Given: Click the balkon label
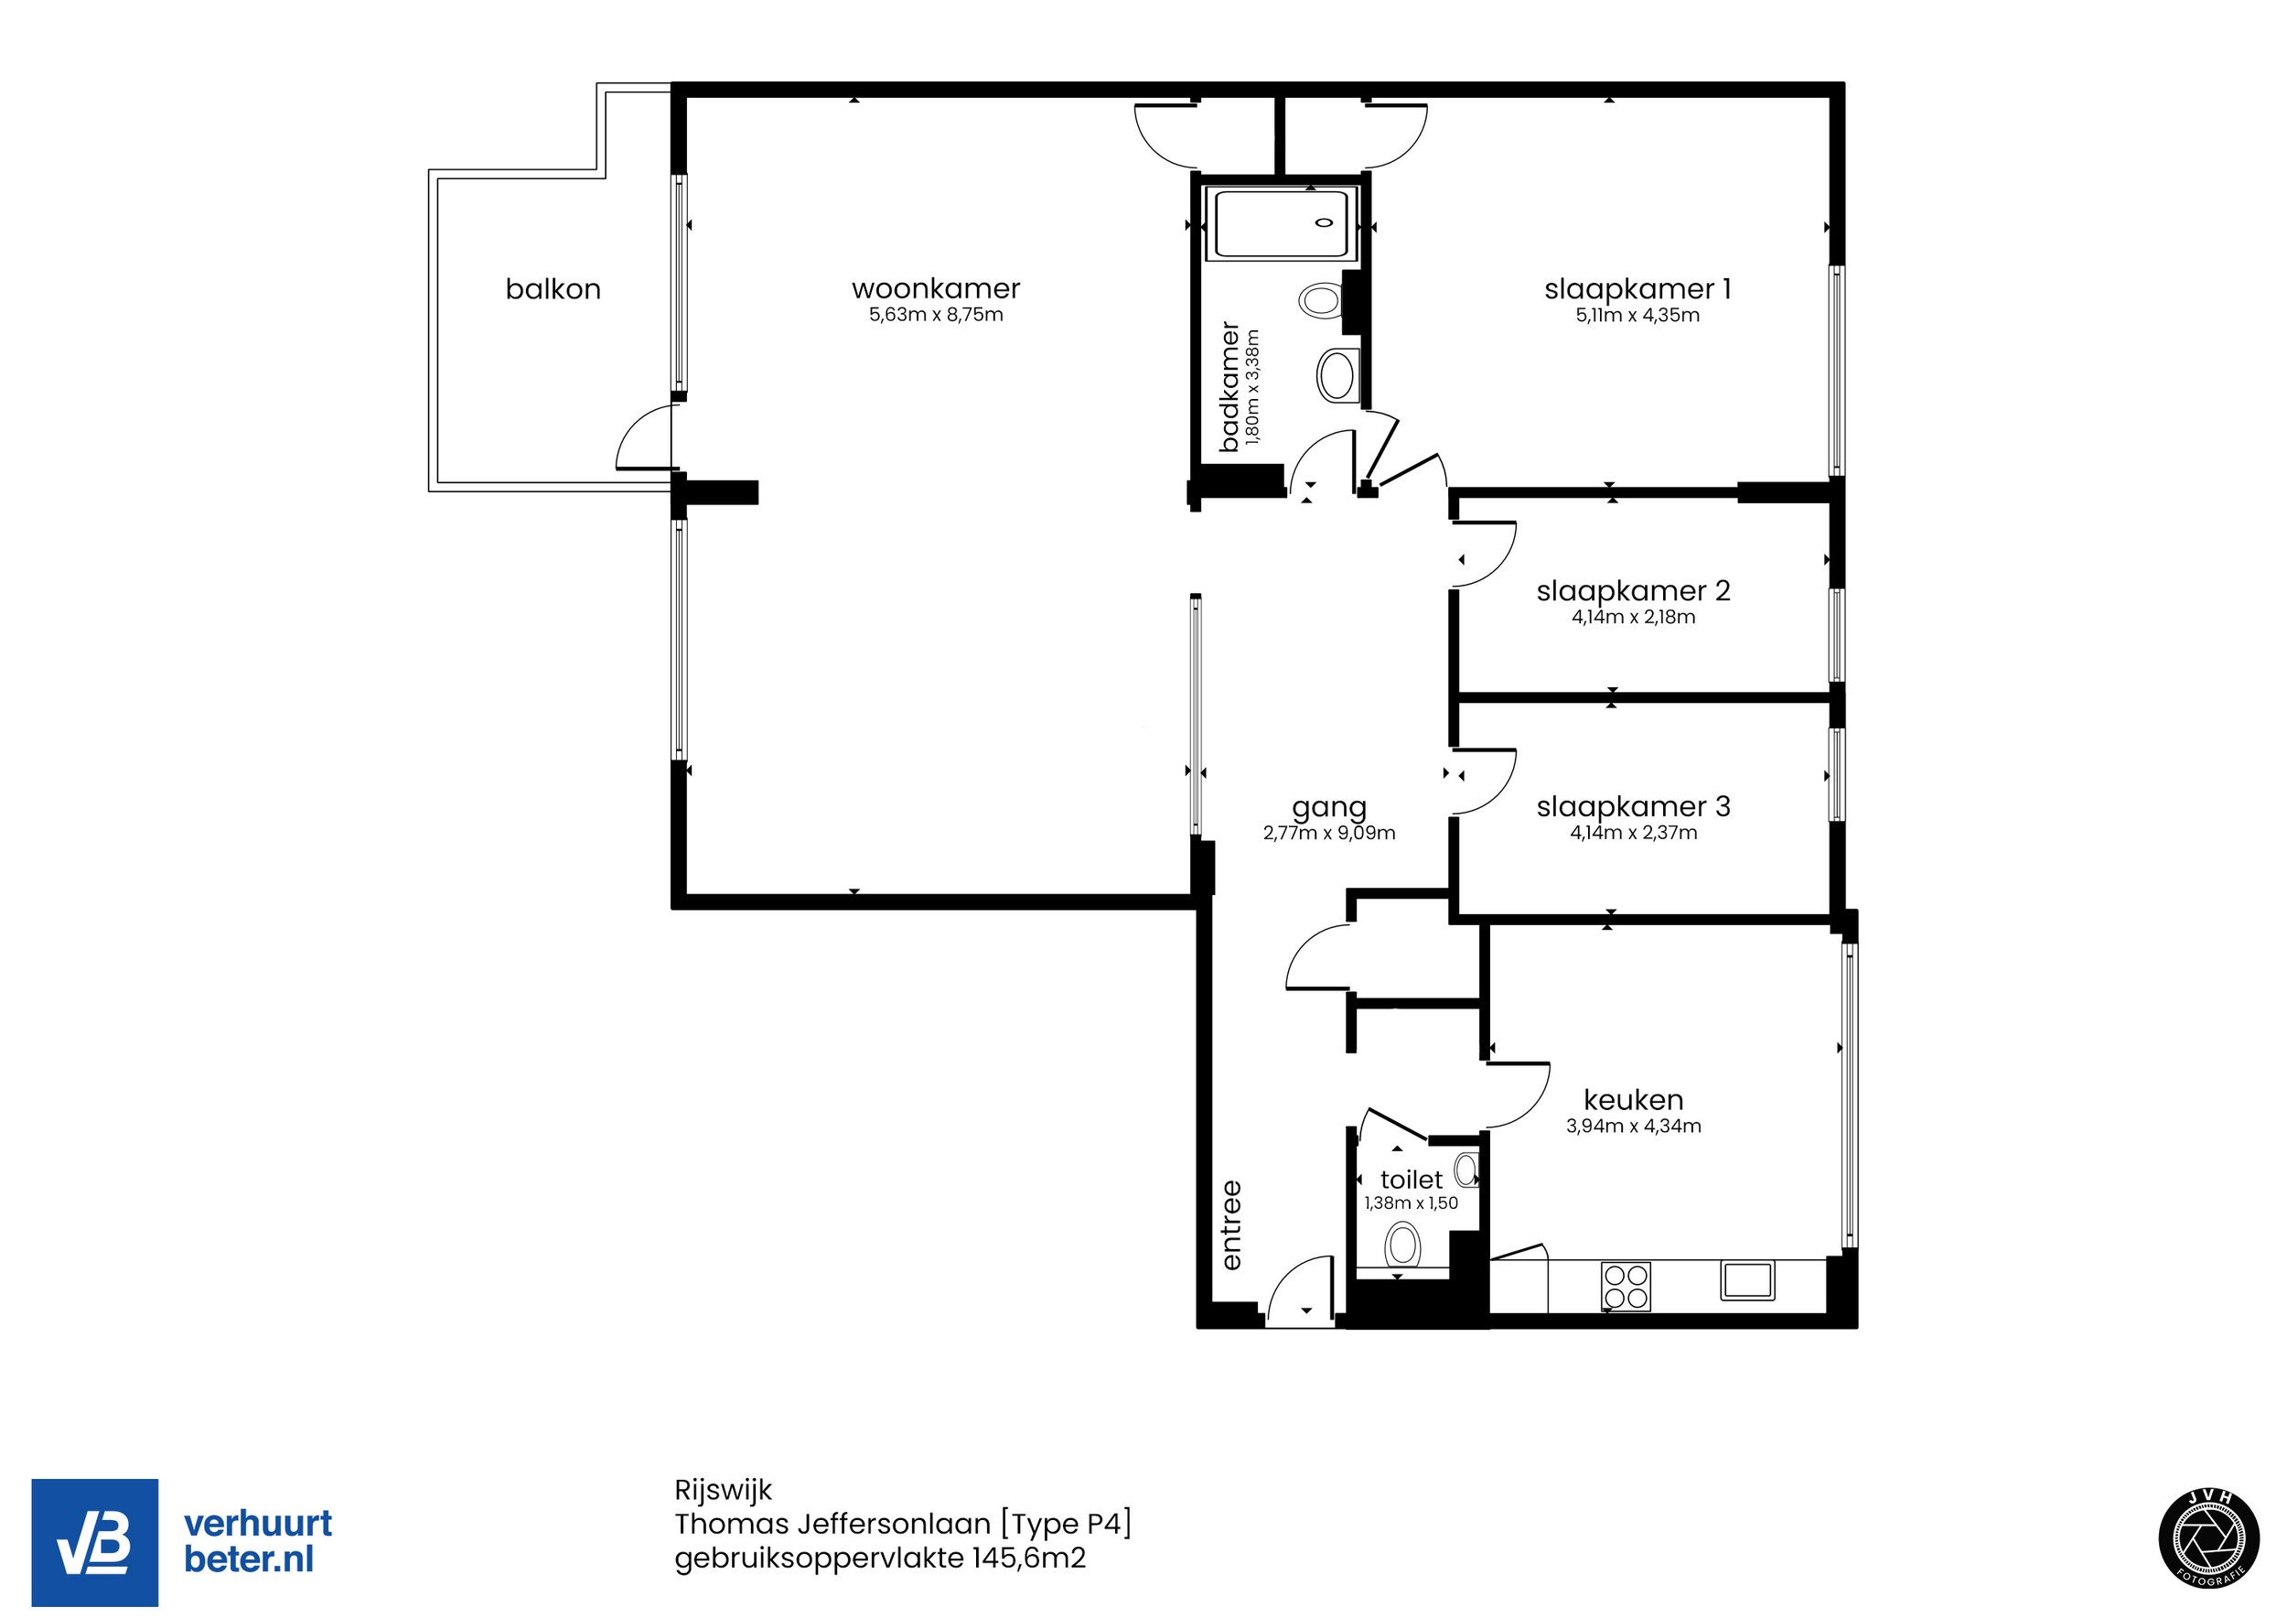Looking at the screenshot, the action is pyautogui.click(x=553, y=289).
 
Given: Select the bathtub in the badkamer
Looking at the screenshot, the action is pyautogui.click(x=1286, y=224).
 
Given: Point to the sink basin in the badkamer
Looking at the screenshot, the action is pyautogui.click(x=1337, y=375).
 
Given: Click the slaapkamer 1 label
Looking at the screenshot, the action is pyautogui.click(x=1637, y=289).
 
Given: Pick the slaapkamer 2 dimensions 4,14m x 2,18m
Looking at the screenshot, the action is pyautogui.click(x=1634, y=618).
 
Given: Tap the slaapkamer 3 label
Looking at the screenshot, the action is pyautogui.click(x=1634, y=806).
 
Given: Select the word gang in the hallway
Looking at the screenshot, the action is pyautogui.click(x=1329, y=809).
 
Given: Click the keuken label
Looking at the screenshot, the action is pyautogui.click(x=1634, y=1100).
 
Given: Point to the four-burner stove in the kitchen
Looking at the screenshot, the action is pyautogui.click(x=1626, y=1286).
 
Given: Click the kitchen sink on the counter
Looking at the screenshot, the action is pyautogui.click(x=1747, y=1281).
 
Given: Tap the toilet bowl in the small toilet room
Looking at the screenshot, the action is pyautogui.click(x=1402, y=1246).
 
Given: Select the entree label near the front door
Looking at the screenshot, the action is pyautogui.click(x=1232, y=1225).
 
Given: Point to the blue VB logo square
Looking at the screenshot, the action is pyautogui.click(x=94, y=1542).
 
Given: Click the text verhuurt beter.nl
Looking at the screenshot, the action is pyautogui.click(x=258, y=1541).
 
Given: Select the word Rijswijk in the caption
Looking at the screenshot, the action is pyautogui.click(x=724, y=1491).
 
